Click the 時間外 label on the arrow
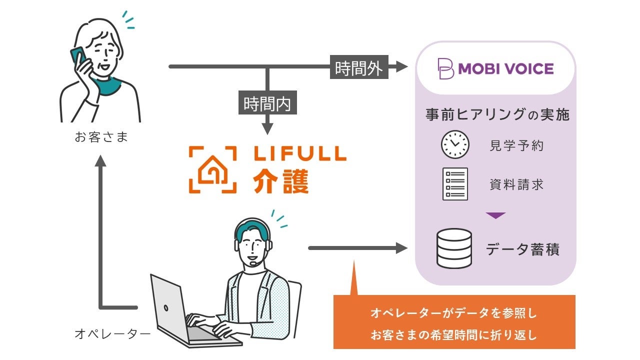click(x=358, y=68)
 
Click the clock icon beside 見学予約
click(x=455, y=144)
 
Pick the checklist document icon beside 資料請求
click(x=455, y=183)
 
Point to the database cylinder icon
click(x=454, y=248)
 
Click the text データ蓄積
click(x=522, y=249)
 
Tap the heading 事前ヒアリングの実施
click(x=497, y=114)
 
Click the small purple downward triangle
click(x=496, y=215)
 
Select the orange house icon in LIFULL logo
click(x=213, y=170)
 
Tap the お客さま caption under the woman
click(x=101, y=136)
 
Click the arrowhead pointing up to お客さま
click(x=101, y=160)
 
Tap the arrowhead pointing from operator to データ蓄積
click(x=402, y=247)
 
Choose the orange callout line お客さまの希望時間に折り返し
click(x=453, y=334)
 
